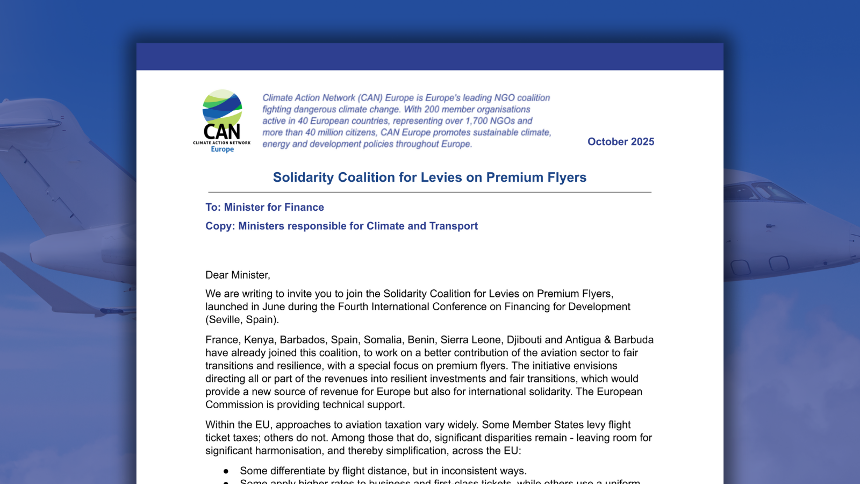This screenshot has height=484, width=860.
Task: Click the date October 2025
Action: click(x=620, y=142)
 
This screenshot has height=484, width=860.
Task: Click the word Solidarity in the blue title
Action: click(x=303, y=177)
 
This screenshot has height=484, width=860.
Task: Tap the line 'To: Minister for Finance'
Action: click(x=264, y=208)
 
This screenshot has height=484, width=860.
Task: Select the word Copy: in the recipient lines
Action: click(x=220, y=226)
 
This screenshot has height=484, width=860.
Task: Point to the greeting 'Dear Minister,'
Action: click(x=238, y=275)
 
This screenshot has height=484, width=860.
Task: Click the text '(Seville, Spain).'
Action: click(x=242, y=320)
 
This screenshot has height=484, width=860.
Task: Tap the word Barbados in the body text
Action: click(x=302, y=340)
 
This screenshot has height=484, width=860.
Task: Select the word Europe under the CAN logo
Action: click(x=222, y=150)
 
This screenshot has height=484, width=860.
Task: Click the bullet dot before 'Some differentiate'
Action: click(x=226, y=472)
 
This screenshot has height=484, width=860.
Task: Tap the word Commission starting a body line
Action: click(x=232, y=405)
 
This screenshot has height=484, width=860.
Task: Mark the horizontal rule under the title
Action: click(x=429, y=192)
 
